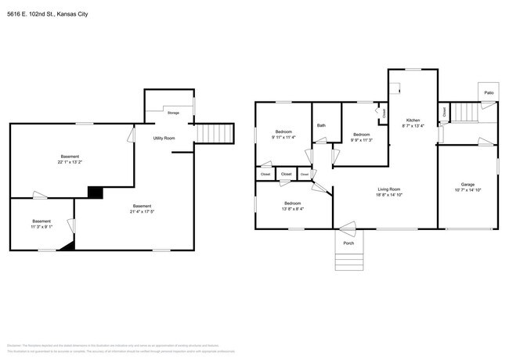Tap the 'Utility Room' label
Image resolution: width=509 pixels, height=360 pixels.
(163, 138)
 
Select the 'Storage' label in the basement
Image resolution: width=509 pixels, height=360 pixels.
(172, 113)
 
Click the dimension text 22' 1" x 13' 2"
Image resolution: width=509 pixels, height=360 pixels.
(70, 162)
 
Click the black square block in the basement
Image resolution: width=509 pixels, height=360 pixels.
(96, 192)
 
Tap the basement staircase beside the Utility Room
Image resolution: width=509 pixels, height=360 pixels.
(214, 133)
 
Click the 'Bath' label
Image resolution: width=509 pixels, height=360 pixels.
(321, 125)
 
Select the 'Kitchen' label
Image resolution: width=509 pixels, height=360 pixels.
(412, 121)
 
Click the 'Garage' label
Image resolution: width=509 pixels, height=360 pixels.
(467, 185)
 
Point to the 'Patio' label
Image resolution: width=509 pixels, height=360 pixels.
(488, 93)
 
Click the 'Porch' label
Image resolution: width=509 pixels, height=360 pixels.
(348, 241)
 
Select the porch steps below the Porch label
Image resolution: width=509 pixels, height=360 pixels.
(348, 261)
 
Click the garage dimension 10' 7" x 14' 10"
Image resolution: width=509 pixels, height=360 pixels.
(467, 191)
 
